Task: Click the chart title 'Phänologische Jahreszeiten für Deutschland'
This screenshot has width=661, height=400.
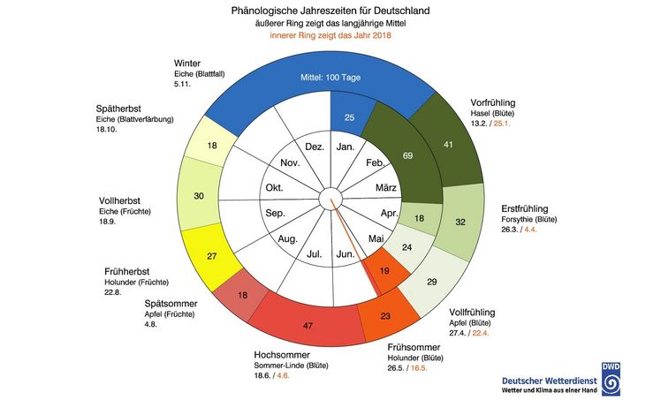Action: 330,10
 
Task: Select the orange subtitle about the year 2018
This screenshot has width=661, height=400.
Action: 330,36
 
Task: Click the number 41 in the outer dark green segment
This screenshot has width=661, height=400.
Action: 448,144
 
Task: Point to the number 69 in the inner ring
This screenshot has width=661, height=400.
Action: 383,155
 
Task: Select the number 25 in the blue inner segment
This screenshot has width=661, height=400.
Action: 350,117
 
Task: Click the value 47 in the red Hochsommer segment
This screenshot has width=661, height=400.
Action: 307,325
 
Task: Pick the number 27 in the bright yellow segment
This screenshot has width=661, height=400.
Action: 211,256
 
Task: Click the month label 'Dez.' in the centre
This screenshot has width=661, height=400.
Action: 315,147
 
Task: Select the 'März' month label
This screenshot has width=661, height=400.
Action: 385,189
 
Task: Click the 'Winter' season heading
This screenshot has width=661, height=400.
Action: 191,62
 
